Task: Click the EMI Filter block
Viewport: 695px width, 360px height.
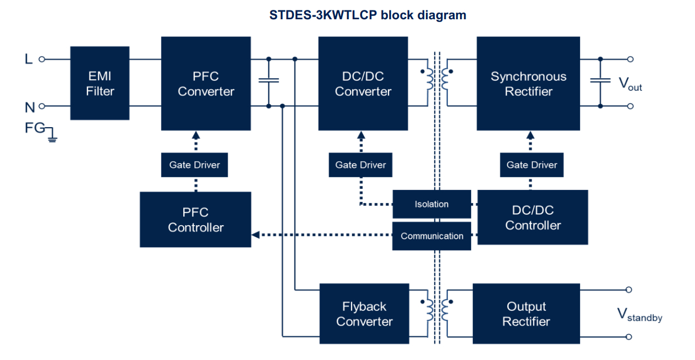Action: click(100, 83)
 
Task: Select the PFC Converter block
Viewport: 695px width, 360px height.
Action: click(206, 84)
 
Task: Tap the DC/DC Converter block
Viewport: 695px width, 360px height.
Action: click(363, 84)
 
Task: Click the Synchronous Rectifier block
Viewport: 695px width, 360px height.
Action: click(528, 84)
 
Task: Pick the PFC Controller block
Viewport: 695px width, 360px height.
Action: click(195, 219)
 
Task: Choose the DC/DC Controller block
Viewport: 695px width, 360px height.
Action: click(533, 217)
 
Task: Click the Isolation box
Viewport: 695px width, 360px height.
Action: click(431, 204)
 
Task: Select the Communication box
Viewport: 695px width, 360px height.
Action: click(431, 236)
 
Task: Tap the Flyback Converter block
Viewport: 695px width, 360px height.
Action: click(364, 314)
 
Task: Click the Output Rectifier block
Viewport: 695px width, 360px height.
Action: click(526, 314)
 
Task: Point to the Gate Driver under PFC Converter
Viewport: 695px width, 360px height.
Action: click(194, 165)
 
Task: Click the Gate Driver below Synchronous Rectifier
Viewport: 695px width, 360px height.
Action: click(532, 165)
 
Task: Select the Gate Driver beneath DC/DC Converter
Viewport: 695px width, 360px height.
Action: click(360, 165)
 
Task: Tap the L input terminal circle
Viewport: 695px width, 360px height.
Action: click(41, 59)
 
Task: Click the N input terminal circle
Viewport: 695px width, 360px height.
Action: click(41, 106)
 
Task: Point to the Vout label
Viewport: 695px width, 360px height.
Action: click(630, 84)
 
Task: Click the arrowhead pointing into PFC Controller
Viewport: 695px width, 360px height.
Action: click(255, 235)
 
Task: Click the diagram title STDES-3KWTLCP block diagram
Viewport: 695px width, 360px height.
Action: click(368, 15)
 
